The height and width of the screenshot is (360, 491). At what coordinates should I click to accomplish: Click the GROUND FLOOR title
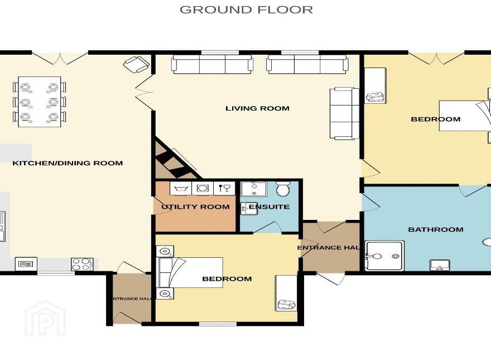click(246, 9)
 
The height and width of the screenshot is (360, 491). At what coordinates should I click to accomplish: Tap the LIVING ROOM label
click(257, 108)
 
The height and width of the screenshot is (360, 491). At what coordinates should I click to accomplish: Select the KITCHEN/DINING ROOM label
click(68, 163)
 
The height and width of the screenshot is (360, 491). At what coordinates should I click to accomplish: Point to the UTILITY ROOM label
click(195, 207)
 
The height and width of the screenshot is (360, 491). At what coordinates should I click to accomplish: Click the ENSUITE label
click(269, 207)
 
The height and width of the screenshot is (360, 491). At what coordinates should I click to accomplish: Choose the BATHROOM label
click(436, 229)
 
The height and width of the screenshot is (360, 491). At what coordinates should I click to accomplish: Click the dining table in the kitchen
click(40, 102)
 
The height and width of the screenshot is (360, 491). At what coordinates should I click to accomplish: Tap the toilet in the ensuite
click(283, 189)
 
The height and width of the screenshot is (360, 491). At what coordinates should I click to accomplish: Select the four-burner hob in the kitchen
click(82, 264)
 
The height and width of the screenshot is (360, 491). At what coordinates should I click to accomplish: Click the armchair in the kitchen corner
click(137, 64)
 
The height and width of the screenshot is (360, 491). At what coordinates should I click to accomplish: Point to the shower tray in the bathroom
click(384, 256)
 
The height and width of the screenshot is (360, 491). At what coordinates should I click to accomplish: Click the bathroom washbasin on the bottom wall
click(440, 265)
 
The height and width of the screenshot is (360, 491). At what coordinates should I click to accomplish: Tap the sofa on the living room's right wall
click(344, 113)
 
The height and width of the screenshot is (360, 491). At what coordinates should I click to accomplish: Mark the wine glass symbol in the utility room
click(224, 188)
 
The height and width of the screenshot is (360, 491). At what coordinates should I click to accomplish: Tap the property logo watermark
click(45, 318)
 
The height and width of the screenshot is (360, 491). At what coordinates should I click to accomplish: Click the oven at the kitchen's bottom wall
click(26, 264)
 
